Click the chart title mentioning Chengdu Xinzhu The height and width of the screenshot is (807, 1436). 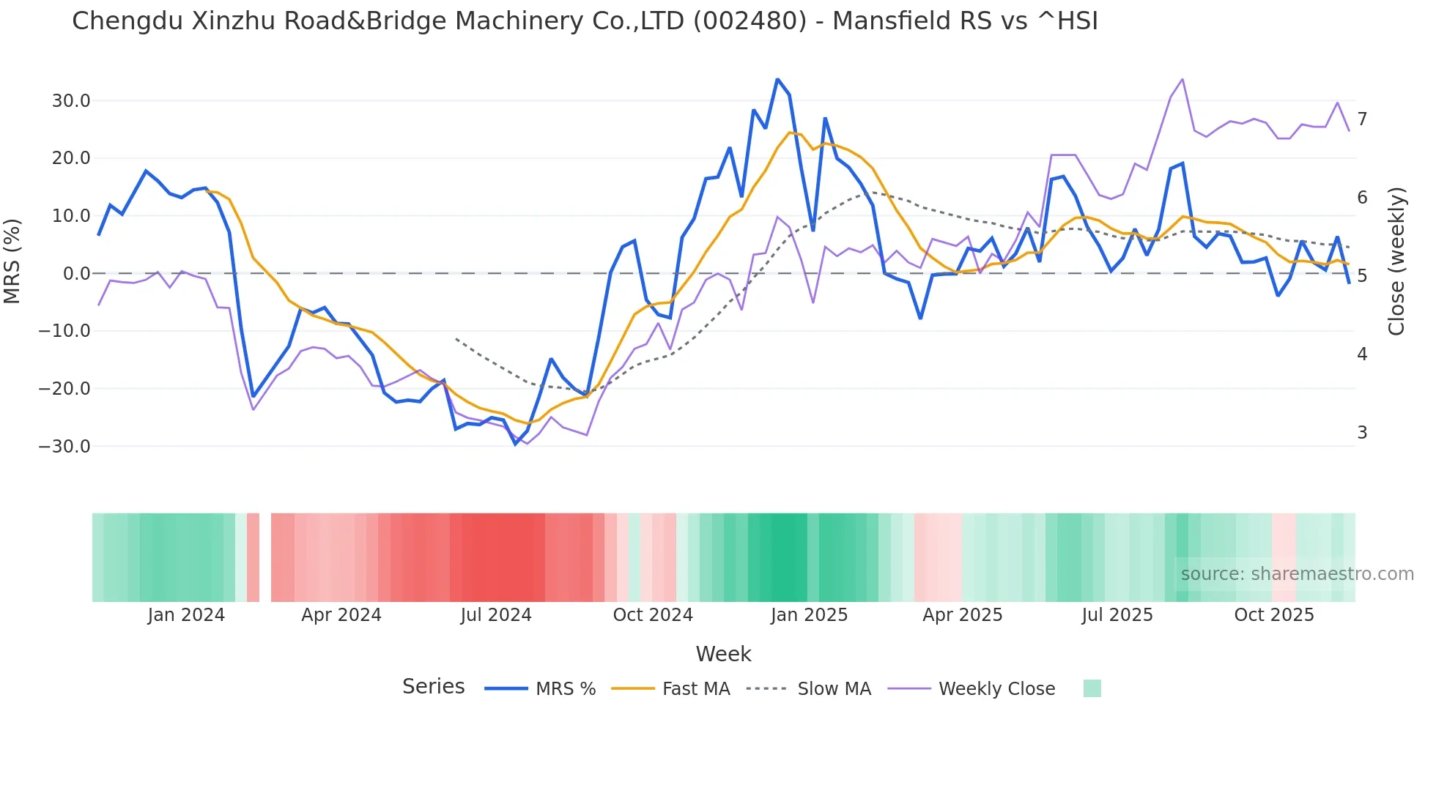(585, 21)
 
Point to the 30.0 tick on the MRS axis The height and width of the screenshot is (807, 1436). (71, 101)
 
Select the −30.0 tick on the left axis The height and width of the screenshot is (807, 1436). (64, 447)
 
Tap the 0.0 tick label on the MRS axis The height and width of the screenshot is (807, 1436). (76, 274)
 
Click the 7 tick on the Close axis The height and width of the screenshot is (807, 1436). (1362, 119)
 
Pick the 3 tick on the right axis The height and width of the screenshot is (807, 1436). (1362, 433)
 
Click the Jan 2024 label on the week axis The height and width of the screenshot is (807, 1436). (186, 615)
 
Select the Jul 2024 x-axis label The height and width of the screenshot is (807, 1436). (496, 615)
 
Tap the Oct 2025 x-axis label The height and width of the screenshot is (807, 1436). (1274, 615)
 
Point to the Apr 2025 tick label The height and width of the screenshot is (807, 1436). (962, 615)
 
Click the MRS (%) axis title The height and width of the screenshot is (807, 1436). (12, 261)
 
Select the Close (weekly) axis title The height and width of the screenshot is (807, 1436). (1396, 261)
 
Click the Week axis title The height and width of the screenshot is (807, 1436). (723, 654)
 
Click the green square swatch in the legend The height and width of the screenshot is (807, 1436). (1092, 688)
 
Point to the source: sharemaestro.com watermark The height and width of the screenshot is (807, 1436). (1297, 574)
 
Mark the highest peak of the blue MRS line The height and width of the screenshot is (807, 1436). (777, 79)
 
